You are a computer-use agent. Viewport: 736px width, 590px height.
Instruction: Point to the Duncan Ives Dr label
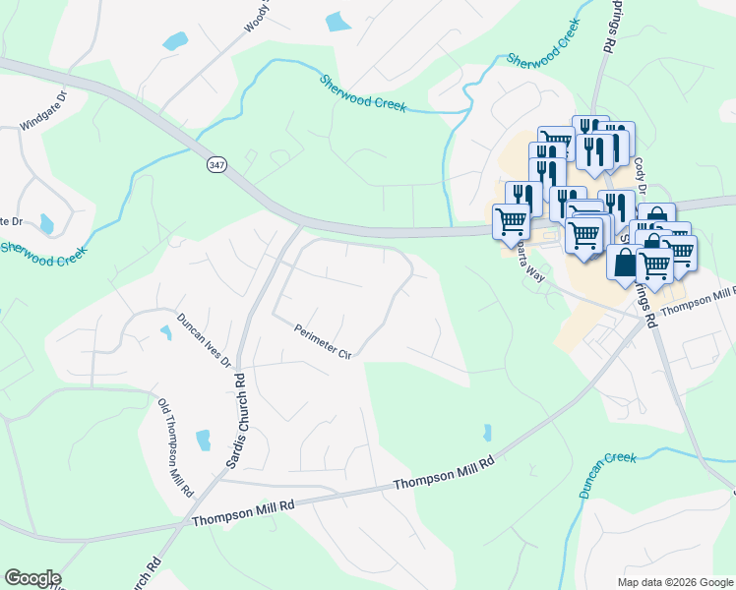205,340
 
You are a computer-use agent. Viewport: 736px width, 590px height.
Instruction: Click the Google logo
31,578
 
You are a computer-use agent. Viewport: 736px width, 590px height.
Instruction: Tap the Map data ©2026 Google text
675,582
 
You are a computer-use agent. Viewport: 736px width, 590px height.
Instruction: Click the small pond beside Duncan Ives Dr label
165,333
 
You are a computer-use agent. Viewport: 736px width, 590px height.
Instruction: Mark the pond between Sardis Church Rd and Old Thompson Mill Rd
204,440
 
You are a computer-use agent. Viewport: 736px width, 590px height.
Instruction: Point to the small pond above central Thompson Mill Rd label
487,432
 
